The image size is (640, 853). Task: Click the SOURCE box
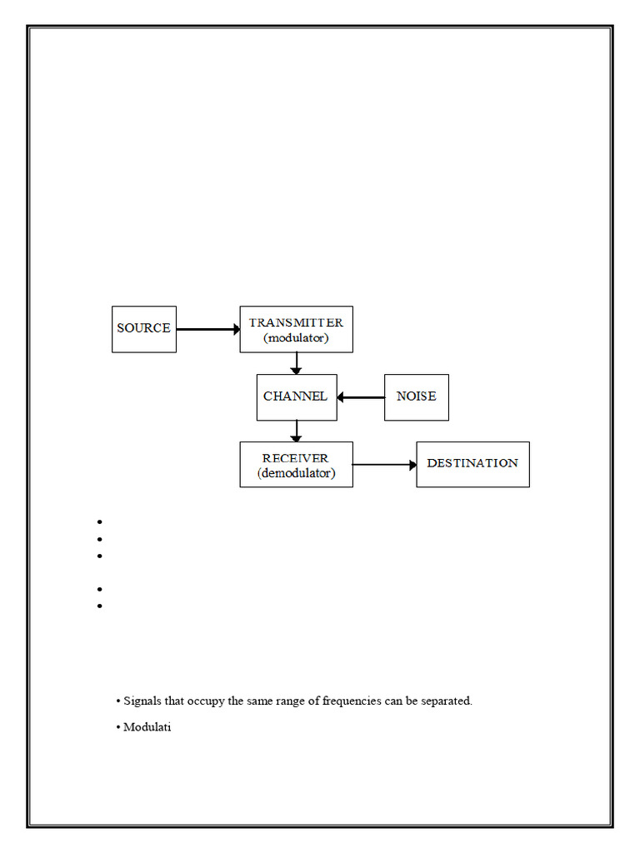[x=144, y=329]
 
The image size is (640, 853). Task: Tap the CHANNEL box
[x=296, y=397]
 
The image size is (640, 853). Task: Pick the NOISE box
[x=416, y=397]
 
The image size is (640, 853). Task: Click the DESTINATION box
[x=472, y=464]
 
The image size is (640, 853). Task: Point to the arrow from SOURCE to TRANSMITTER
[x=207, y=329]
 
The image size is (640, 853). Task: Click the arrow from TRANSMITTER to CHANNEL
[x=296, y=363]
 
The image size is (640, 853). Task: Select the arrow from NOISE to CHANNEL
[x=361, y=397]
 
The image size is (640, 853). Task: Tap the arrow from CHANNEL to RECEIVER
[x=296, y=431]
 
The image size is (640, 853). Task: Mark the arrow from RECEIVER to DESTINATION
[x=384, y=465]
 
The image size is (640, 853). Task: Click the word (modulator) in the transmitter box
[x=297, y=338]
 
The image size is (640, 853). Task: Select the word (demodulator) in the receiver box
[x=297, y=474]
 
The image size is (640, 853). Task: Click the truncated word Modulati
[x=147, y=727]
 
